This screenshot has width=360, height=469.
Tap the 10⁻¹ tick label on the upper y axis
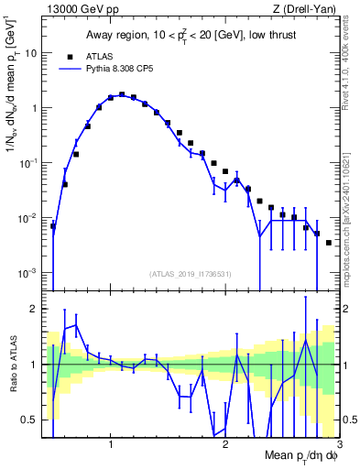31,163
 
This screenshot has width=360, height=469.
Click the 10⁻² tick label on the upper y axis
31,218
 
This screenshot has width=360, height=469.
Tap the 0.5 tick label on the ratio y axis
33,420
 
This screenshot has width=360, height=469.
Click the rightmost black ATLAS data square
328,243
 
